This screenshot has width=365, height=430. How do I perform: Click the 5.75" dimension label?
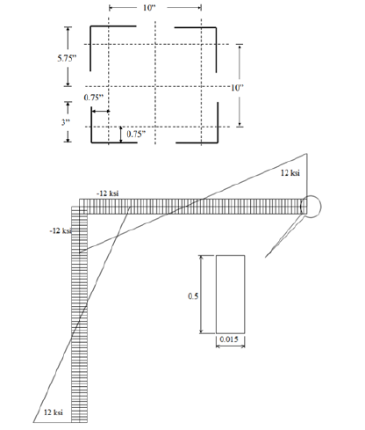coord(67,58)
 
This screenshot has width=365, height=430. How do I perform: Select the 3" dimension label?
coord(66,122)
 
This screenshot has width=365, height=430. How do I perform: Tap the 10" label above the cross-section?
coord(149,8)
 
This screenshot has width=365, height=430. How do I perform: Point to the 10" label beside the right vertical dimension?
coord(237,88)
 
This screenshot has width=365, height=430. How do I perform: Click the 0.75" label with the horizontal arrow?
coord(94,98)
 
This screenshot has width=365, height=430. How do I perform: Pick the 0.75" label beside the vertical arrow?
coord(136,134)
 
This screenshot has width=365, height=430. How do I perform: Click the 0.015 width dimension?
coord(229,339)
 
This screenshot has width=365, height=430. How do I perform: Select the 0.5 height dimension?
coord(193,296)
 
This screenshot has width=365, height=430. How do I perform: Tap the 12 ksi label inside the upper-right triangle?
coord(290,173)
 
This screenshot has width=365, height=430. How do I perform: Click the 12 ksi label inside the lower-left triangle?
coord(54,412)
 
